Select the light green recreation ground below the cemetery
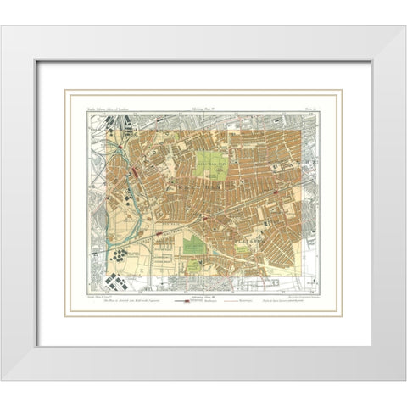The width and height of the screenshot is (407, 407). pyautogui.click(x=193, y=266)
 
